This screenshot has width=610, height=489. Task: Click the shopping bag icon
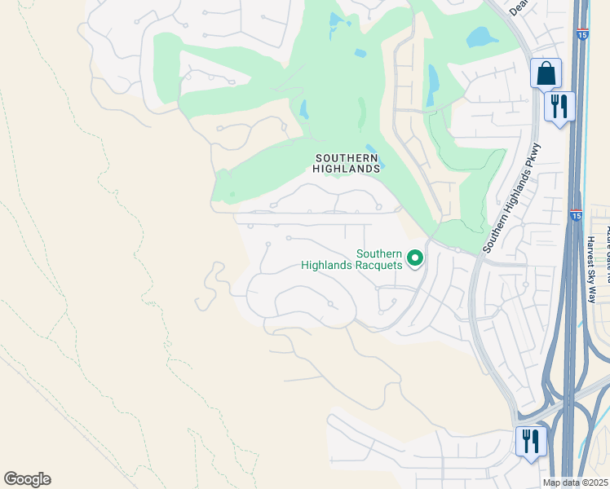pyautogui.click(x=546, y=73)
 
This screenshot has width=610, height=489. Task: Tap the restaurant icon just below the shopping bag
pyautogui.click(x=559, y=108)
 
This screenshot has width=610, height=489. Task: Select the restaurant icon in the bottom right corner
pyautogui.click(x=531, y=443)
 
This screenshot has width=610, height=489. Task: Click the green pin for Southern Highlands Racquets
pyautogui.click(x=415, y=258)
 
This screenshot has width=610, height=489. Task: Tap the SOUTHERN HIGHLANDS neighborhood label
pyautogui.click(x=347, y=163)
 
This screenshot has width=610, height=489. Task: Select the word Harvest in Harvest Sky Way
pyautogui.click(x=590, y=253)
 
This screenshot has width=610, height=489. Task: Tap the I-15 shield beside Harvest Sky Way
pyautogui.click(x=576, y=216)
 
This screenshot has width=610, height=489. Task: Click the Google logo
pyautogui.click(x=27, y=478)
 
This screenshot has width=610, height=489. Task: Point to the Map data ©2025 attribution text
pyautogui.click(x=575, y=482)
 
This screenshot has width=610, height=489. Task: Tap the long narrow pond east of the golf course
pyautogui.click(x=431, y=80)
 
